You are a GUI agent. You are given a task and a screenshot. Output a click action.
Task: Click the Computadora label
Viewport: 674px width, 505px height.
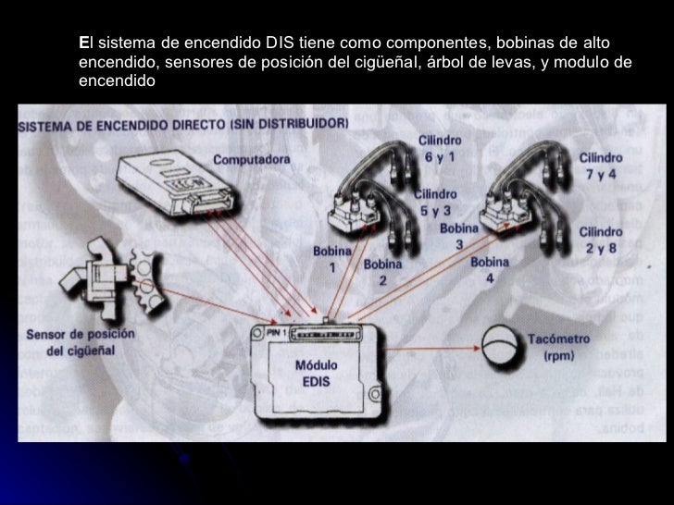(x=251, y=159)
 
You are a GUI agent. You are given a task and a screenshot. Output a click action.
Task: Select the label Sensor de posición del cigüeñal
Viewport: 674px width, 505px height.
(x=81, y=342)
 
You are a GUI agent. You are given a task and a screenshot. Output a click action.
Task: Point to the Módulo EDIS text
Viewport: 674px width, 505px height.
(x=316, y=373)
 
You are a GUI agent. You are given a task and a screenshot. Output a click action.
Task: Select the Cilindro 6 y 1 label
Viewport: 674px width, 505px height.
(x=440, y=149)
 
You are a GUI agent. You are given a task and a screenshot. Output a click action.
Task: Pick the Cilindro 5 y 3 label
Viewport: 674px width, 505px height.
(x=434, y=203)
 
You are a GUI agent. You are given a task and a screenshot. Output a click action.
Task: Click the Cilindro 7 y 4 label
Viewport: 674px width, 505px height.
(x=601, y=166)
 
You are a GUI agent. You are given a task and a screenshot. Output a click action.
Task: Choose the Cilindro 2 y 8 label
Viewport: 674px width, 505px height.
(x=601, y=238)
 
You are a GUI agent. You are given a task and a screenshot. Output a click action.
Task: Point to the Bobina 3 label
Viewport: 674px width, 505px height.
(x=458, y=236)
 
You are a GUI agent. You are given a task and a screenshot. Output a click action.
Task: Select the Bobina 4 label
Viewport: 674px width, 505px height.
(x=489, y=269)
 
